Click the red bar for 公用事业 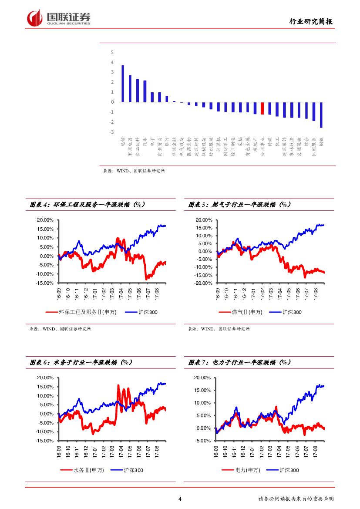coord(262,108)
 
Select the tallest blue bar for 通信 coord(123,84)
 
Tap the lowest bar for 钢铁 coord(321,115)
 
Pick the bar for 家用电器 coord(130,89)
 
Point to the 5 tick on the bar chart coord(112,52)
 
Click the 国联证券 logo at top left coord(58,18)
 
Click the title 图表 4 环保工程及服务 coord(87,204)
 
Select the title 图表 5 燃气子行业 coord(240,204)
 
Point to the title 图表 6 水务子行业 coord(81,362)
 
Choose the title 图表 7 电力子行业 coord(240,362)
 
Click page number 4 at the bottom coord(180,499)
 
